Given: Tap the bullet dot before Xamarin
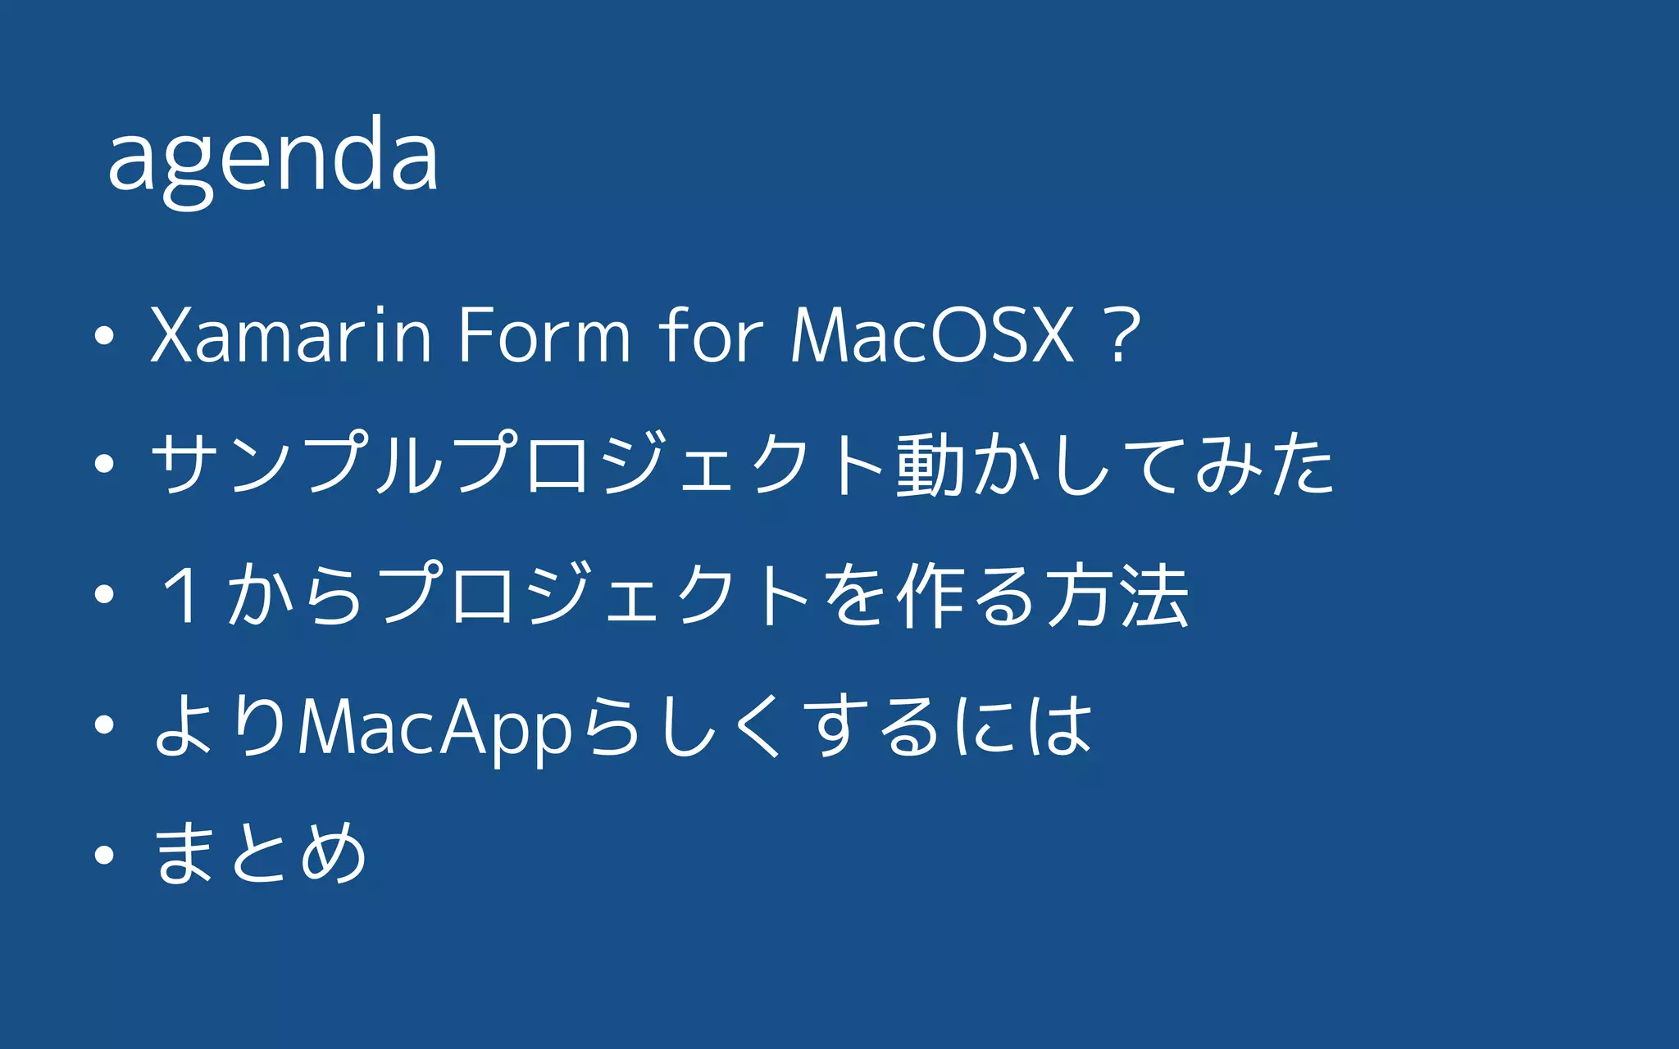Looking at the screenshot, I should pyautogui.click(x=104, y=335).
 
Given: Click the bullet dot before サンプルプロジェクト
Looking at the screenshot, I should pyautogui.click(x=104, y=464).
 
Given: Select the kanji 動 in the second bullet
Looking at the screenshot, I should pyautogui.click(x=930, y=464).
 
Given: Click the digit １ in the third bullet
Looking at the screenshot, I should pyautogui.click(x=182, y=595).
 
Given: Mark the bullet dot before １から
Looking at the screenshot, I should pyautogui.click(x=104, y=595).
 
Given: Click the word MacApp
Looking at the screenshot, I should pyautogui.click(x=435, y=727).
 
